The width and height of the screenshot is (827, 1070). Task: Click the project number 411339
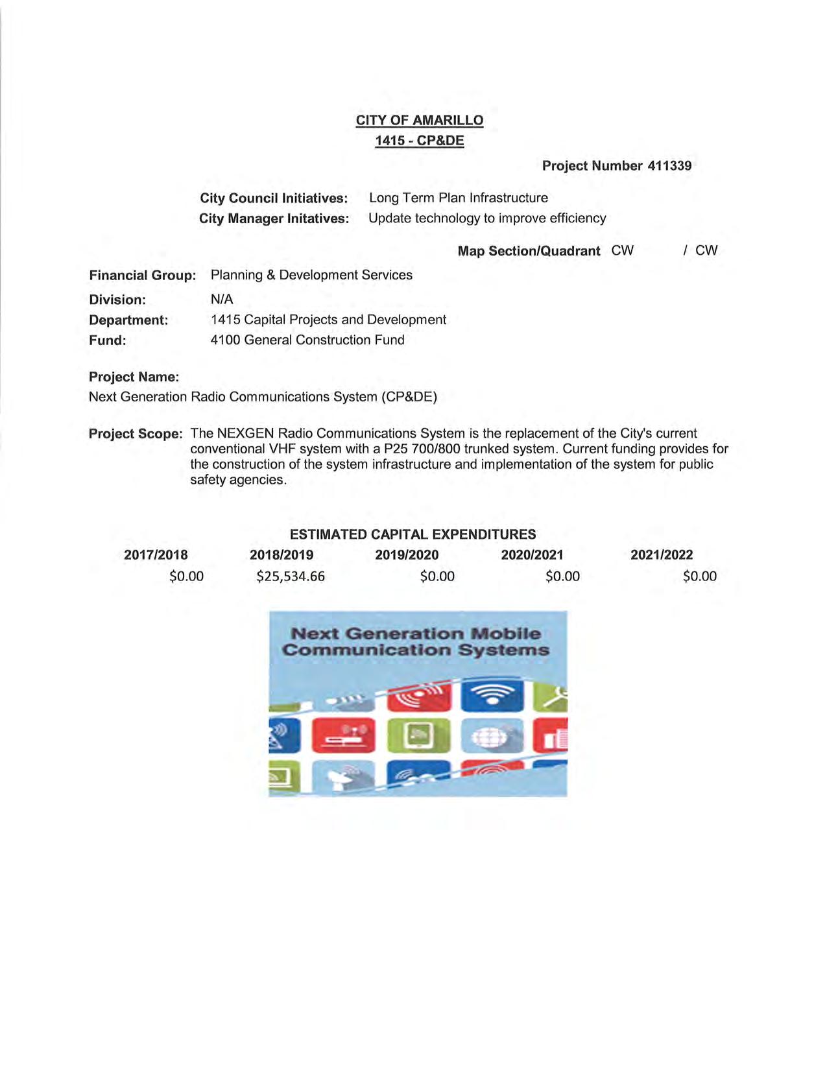tap(669, 166)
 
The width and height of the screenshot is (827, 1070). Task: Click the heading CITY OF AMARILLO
tap(419, 121)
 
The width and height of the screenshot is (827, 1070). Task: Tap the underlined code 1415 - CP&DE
tap(419, 141)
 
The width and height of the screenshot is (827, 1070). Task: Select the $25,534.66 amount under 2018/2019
tap(290, 577)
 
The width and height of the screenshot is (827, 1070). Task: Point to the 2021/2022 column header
tap(661, 555)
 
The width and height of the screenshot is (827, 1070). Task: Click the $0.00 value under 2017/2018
tap(186, 577)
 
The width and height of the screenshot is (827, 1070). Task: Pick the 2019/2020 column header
tap(407, 555)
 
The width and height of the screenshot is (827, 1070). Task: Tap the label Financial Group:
tap(142, 276)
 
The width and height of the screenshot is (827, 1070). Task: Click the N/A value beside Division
tap(222, 300)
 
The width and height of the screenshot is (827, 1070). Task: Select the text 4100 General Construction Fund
tap(307, 340)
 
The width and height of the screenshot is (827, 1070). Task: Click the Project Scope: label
tap(136, 434)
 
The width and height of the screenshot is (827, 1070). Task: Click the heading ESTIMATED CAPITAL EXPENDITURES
tap(413, 535)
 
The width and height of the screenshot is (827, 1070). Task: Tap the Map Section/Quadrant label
tap(529, 252)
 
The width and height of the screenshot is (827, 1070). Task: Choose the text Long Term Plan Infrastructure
tap(458, 198)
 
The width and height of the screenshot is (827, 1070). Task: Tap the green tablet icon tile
tap(418, 736)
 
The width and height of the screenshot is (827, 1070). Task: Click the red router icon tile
tap(343, 736)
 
